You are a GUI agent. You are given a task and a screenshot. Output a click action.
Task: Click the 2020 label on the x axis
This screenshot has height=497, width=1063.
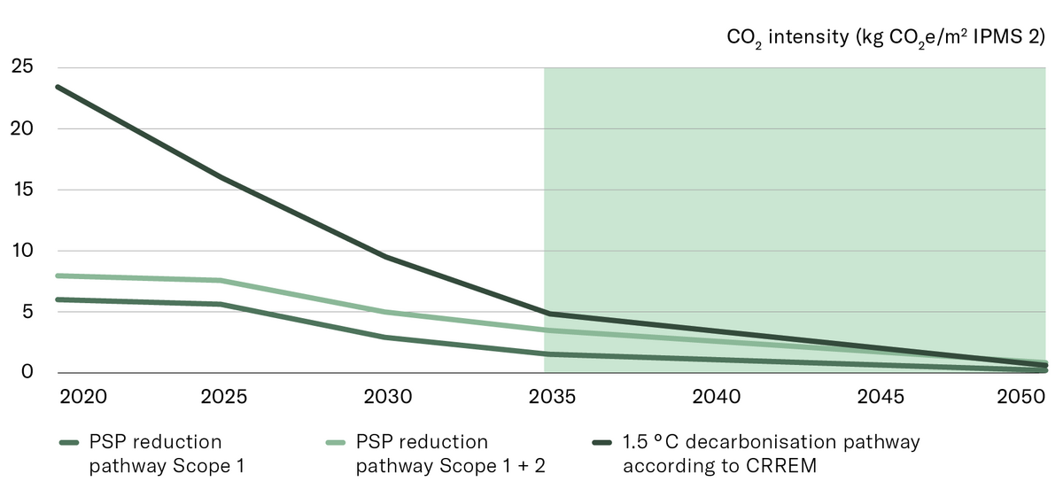click(x=83, y=396)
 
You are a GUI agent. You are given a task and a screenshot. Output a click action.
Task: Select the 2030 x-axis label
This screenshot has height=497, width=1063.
click(x=388, y=396)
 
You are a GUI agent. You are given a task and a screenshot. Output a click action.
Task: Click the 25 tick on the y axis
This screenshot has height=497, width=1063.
click(x=20, y=67)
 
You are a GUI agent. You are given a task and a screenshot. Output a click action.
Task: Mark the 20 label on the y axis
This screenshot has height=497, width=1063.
click(x=20, y=128)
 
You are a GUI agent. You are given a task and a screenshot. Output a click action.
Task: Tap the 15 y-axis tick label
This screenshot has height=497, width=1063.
click(x=20, y=190)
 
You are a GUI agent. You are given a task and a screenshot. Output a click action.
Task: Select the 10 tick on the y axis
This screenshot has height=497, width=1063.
click(x=20, y=251)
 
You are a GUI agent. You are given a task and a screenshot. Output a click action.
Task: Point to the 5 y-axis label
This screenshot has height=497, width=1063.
click(x=27, y=312)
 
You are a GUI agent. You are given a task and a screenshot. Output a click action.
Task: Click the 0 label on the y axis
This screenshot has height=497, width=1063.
click(x=27, y=372)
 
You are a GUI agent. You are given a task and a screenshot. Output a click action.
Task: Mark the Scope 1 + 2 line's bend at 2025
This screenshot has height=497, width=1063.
click(x=220, y=281)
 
